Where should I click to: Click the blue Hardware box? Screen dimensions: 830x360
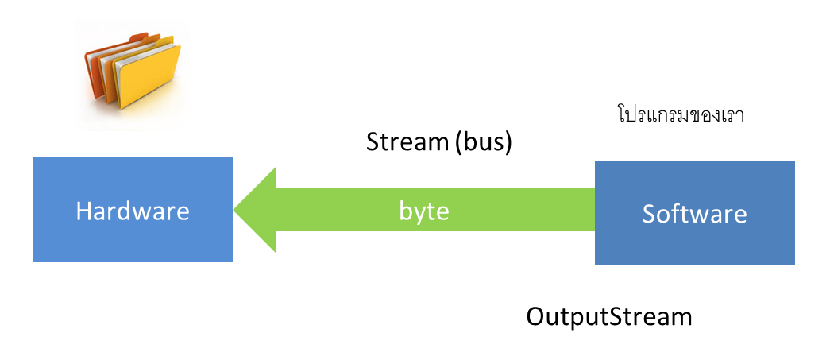(x=133, y=210)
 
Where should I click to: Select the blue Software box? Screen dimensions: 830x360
(x=694, y=213)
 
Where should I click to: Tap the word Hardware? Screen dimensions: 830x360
(x=133, y=211)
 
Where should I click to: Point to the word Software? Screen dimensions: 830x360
(x=694, y=214)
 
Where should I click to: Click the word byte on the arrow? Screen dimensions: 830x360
(x=424, y=211)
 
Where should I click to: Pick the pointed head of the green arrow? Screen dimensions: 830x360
(x=234, y=210)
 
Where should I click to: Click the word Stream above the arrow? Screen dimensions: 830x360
(x=407, y=142)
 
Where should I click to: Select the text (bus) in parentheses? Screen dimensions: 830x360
(x=483, y=143)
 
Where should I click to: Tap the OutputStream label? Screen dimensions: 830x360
(x=608, y=317)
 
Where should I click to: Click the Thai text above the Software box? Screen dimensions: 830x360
(x=681, y=114)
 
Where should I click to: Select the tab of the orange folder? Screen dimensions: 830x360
(x=139, y=37)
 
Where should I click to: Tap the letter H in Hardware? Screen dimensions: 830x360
(x=83, y=211)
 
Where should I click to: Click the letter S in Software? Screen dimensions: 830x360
(x=649, y=215)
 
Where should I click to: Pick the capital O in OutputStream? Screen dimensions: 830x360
(x=536, y=317)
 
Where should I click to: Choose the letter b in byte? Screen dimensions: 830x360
(x=406, y=211)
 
